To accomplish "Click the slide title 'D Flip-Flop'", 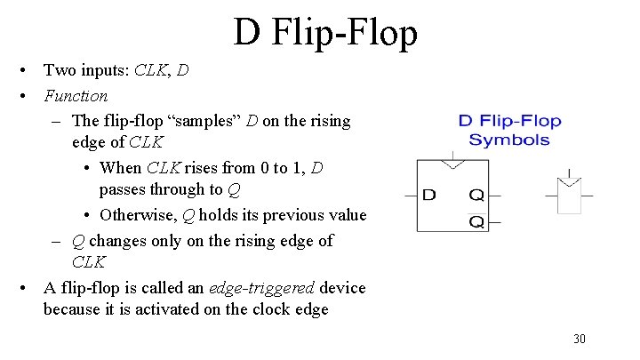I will point(325,34).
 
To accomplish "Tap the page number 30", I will point(580,339).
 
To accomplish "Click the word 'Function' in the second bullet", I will point(76,95).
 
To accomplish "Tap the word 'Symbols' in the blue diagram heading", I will point(509,140).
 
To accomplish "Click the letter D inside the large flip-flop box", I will point(429,194).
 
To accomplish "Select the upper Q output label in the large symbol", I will point(477,194).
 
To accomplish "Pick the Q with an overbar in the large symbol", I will point(477,221).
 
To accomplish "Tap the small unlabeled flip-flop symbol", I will point(569,196).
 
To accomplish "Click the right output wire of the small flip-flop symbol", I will point(588,194).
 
